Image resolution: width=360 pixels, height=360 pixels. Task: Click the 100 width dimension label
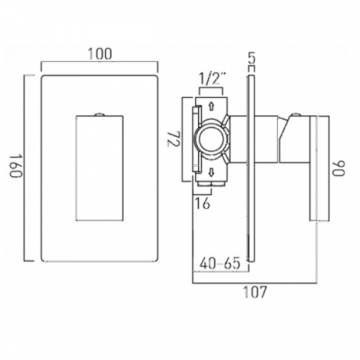[100, 54]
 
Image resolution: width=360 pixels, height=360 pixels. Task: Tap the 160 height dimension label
[16, 166]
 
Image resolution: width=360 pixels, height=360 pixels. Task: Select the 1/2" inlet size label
[210, 79]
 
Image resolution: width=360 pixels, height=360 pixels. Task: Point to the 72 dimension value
[174, 139]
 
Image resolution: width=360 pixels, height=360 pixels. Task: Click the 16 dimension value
[202, 203]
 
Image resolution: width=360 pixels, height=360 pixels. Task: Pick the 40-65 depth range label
[220, 263]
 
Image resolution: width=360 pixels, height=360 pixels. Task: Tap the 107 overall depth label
[255, 292]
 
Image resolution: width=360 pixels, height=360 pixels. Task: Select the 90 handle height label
[338, 168]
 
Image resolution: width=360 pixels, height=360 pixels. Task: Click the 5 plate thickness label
[251, 58]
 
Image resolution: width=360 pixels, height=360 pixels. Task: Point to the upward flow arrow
[211, 106]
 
